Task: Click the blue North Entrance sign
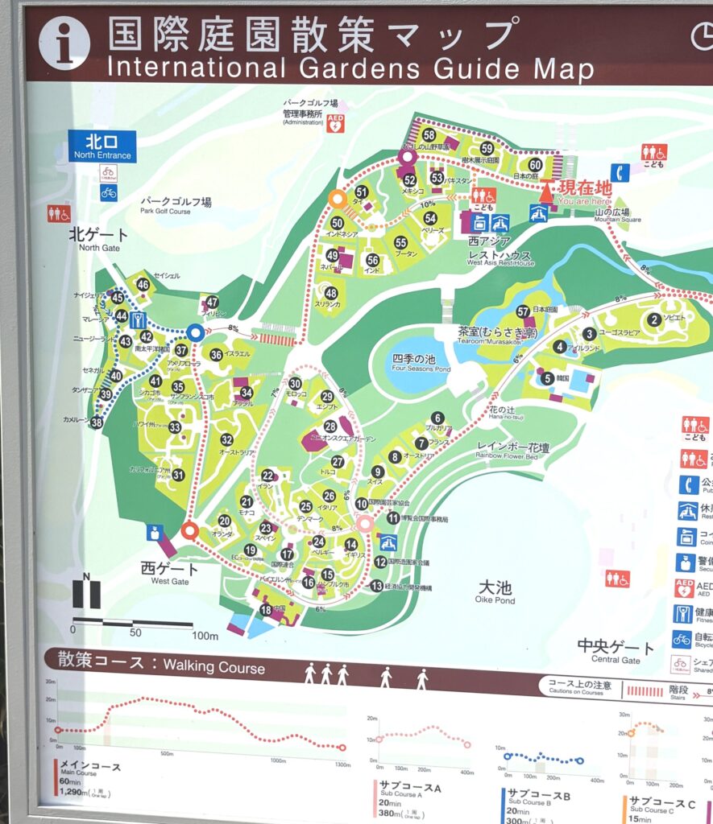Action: coord(102,146)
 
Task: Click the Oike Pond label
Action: coord(494,592)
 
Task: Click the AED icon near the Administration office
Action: coord(336,123)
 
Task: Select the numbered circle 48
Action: coord(330,293)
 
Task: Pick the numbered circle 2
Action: coord(654,319)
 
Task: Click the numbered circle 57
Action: coord(523,311)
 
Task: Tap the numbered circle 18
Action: coord(266,610)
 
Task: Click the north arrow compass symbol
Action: coord(87,593)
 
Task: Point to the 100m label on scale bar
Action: coord(205,636)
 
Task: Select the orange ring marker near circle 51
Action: coord(337,198)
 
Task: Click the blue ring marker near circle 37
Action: coord(194,332)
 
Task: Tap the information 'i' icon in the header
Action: coord(64,43)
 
